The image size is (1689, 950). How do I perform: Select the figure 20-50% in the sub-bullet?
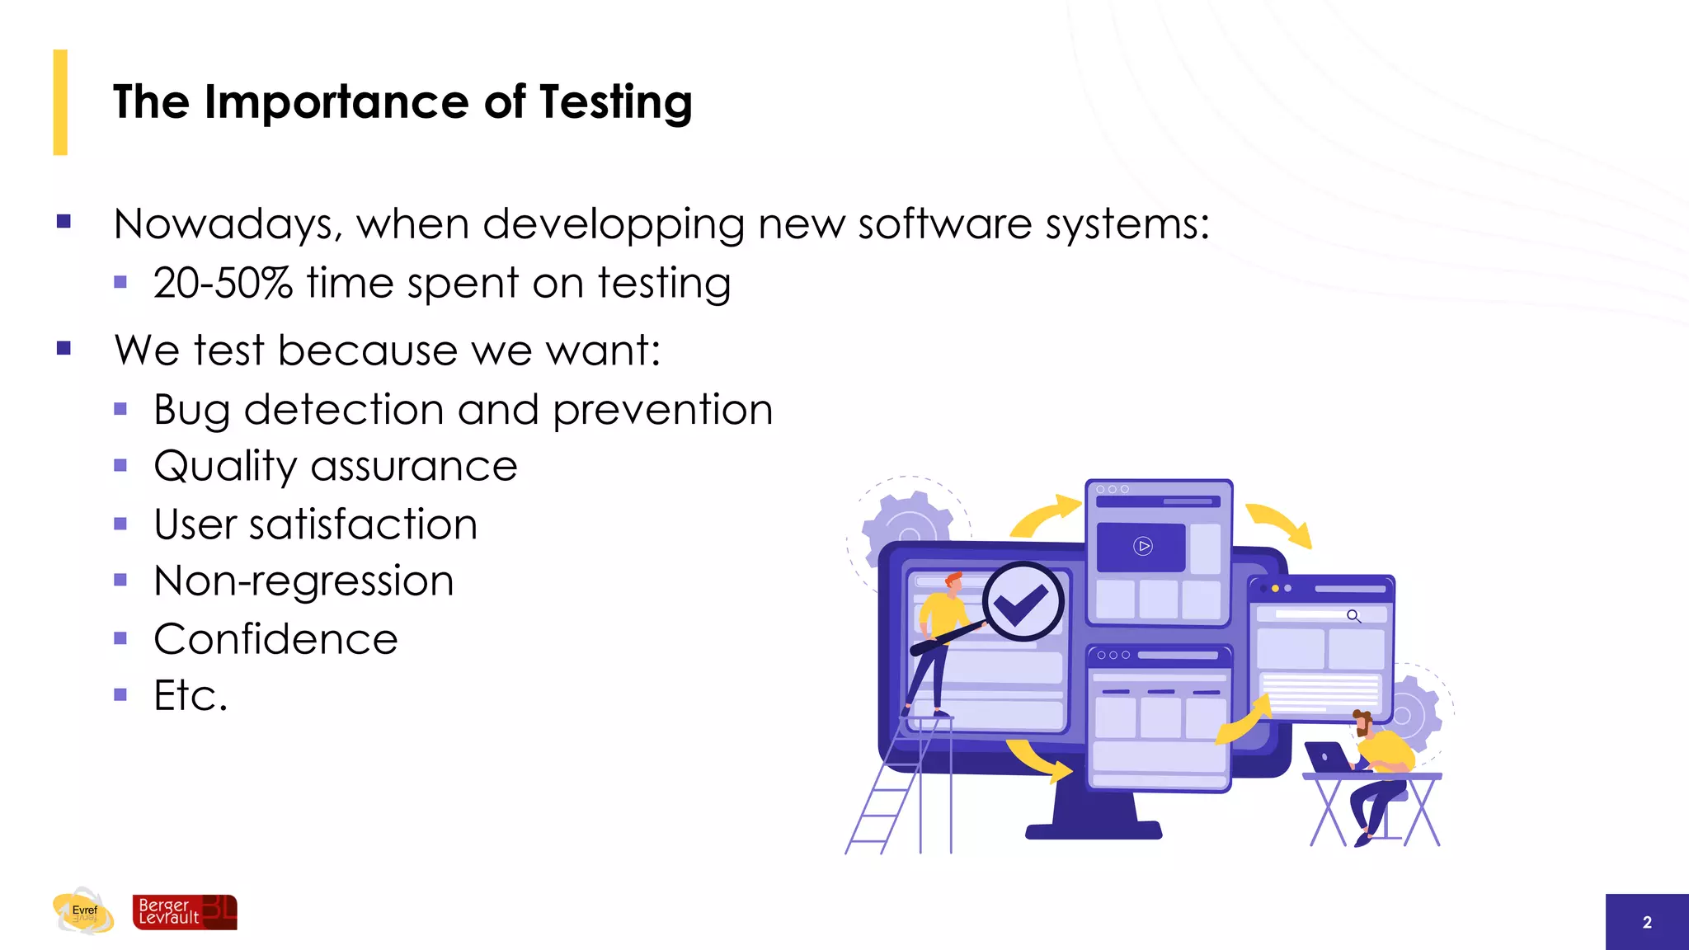click(223, 283)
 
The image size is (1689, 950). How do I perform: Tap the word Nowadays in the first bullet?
click(223, 224)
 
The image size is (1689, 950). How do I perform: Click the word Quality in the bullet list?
click(224, 467)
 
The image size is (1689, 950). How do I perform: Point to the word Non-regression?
click(303, 581)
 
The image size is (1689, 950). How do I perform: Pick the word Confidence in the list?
click(275, 639)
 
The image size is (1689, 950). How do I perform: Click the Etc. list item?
click(191, 695)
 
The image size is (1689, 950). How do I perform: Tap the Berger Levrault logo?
click(185, 912)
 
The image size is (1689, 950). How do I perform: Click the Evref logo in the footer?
click(83, 911)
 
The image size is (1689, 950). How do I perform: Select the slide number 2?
click(1646, 923)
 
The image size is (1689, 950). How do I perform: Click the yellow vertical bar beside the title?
click(60, 102)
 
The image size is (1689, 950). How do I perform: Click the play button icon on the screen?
click(1142, 546)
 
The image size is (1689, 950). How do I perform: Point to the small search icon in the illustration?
click(1353, 616)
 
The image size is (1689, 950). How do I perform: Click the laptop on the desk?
click(1326, 757)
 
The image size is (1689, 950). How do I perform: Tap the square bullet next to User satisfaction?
click(120, 524)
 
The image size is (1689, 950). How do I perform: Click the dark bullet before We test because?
click(64, 348)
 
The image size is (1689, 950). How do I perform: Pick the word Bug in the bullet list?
click(191, 411)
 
